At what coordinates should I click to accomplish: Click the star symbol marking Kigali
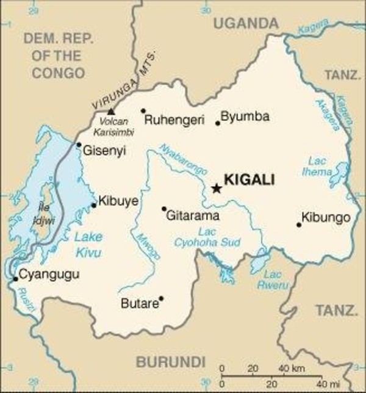pyautogui.click(x=216, y=188)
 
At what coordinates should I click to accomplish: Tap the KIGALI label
pyautogui.click(x=249, y=180)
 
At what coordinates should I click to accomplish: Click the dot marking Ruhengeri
pyautogui.click(x=143, y=111)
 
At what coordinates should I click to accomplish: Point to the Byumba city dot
pyautogui.click(x=218, y=123)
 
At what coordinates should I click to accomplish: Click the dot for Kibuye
pyautogui.click(x=93, y=205)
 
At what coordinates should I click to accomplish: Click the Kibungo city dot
pyautogui.click(x=299, y=225)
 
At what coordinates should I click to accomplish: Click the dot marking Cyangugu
pyautogui.click(x=15, y=279)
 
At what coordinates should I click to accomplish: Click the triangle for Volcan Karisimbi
pyautogui.click(x=110, y=111)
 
